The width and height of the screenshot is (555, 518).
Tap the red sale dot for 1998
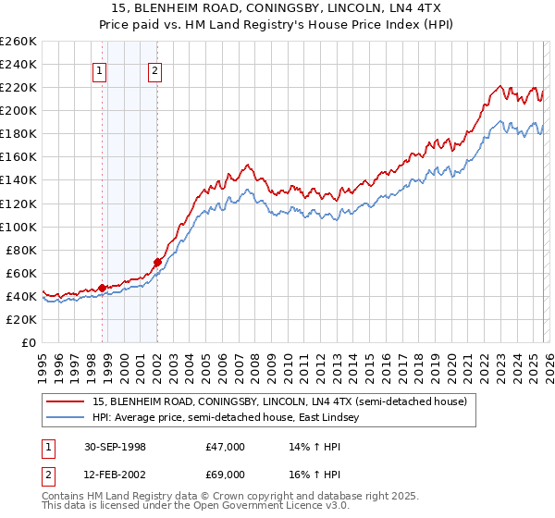(x=103, y=287)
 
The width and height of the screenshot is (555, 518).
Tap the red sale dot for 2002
(x=157, y=262)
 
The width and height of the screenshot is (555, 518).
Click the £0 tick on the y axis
(x=30, y=342)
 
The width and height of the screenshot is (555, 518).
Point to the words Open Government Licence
(x=259, y=508)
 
